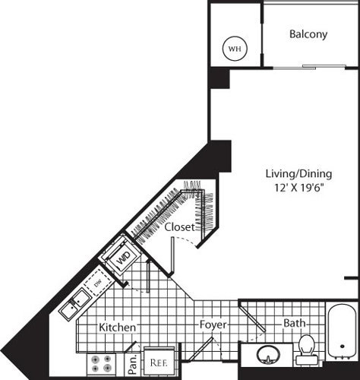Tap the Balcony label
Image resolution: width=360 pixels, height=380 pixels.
point(308,34)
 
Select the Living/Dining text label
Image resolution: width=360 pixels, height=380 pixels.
point(298,174)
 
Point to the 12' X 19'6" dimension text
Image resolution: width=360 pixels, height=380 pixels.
point(299,188)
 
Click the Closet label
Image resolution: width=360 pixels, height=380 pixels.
point(180,227)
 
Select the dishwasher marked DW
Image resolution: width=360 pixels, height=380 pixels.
point(97,283)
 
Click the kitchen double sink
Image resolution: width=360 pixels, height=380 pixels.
point(74,303)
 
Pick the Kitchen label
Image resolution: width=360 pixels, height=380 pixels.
point(117,328)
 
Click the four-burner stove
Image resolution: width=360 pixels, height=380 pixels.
point(102,364)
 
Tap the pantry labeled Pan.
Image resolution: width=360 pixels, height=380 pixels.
point(133,364)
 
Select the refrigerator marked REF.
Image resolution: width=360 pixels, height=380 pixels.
point(159,363)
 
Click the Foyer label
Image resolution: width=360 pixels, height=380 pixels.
point(213,325)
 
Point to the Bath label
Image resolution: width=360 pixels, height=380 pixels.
point(294,323)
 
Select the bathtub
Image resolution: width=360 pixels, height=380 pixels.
point(342,331)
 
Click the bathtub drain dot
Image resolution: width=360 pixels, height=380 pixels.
point(343,346)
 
